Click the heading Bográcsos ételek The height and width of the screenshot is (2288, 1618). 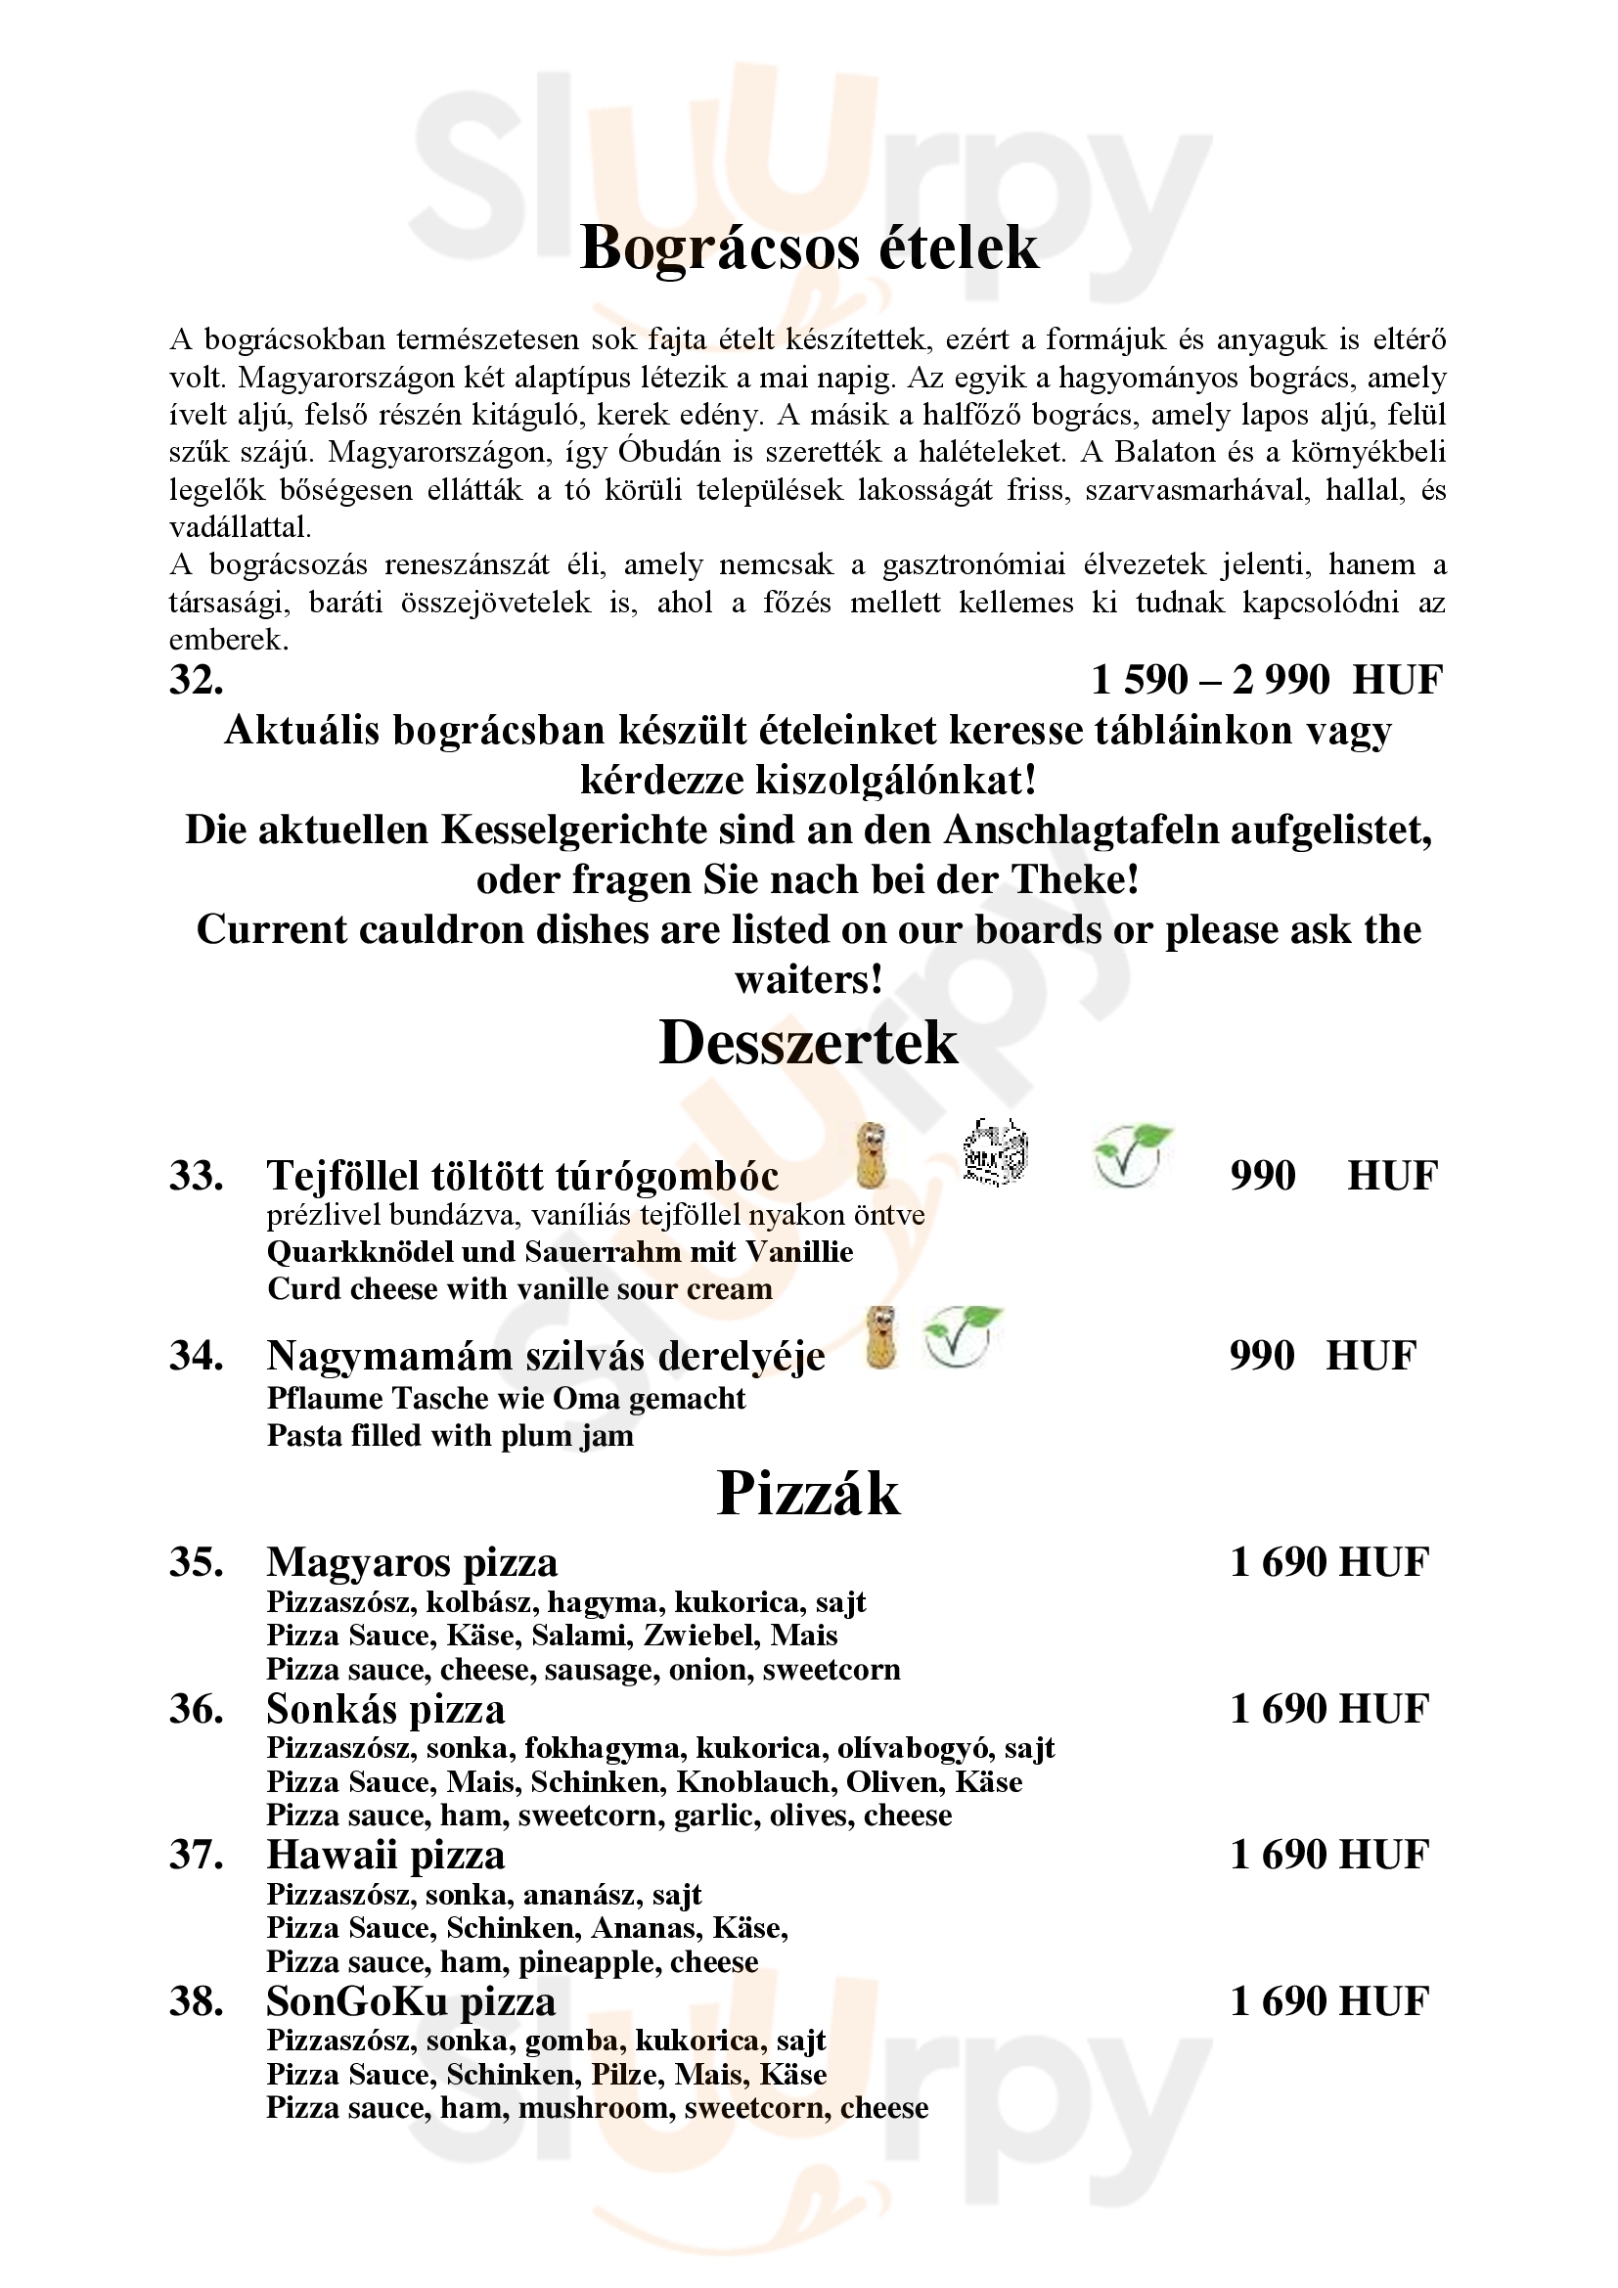click(808, 248)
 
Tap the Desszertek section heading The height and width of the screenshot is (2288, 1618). click(808, 1044)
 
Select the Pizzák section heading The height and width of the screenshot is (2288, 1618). click(808, 1494)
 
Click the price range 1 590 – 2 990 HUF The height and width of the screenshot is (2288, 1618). click(1266, 681)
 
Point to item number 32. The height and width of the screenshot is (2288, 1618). click(197, 681)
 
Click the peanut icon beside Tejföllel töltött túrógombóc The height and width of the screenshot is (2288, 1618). click(873, 1156)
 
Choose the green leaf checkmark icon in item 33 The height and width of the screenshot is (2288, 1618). click(1131, 1156)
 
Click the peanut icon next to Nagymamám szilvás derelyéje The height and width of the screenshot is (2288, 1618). click(880, 1337)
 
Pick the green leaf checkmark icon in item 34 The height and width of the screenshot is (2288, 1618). click(962, 1335)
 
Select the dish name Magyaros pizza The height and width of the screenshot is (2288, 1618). click(412, 1562)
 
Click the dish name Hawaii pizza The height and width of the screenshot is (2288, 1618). click(385, 1855)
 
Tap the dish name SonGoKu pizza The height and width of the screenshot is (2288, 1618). click(411, 2001)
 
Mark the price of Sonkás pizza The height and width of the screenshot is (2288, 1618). click(1329, 1709)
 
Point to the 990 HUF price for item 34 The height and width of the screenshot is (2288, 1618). click(1321, 1356)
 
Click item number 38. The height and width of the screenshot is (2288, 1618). click(196, 2002)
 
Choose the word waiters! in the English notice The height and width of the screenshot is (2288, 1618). click(808, 979)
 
